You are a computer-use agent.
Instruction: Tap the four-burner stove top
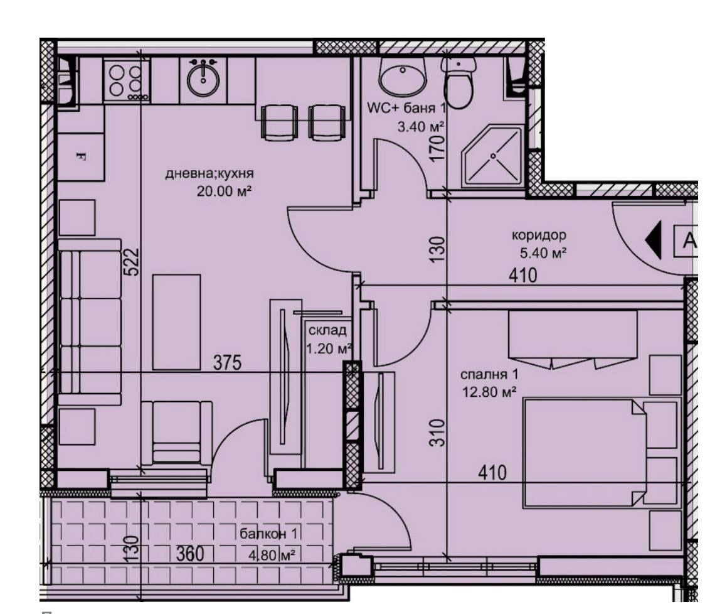[x=127, y=80]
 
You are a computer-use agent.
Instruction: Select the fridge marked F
[x=81, y=157]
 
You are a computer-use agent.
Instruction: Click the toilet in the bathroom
[x=458, y=83]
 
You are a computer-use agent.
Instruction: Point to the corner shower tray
[x=493, y=156]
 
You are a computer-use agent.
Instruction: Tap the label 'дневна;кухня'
[x=209, y=173]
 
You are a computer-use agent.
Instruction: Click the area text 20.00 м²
[x=224, y=191]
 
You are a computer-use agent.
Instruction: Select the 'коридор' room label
[x=539, y=235]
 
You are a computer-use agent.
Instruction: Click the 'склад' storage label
[x=327, y=330]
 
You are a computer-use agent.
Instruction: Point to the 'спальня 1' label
[x=490, y=375]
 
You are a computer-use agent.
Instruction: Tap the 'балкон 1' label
[x=268, y=534]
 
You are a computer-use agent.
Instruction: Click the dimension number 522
[x=132, y=262]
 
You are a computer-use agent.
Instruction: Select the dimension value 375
[x=227, y=362]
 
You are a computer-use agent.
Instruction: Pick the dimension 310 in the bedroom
[x=437, y=433]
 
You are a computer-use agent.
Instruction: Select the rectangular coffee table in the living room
[x=176, y=322]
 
